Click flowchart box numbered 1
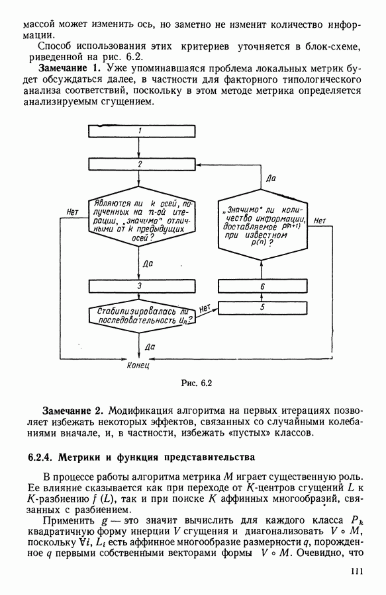[142, 131]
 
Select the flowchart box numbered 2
[142, 164]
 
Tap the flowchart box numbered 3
[142, 286]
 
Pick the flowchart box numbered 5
[263, 307]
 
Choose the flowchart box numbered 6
[263, 286]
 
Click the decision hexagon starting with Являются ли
[142, 216]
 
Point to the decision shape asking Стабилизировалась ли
[142, 315]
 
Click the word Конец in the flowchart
[138, 365]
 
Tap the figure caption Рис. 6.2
[196, 383]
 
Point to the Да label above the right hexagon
[271, 178]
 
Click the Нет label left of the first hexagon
[72, 212]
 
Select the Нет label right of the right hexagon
[320, 220]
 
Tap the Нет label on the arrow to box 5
[205, 308]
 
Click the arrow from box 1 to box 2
[139, 147]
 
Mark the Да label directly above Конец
[150, 347]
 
